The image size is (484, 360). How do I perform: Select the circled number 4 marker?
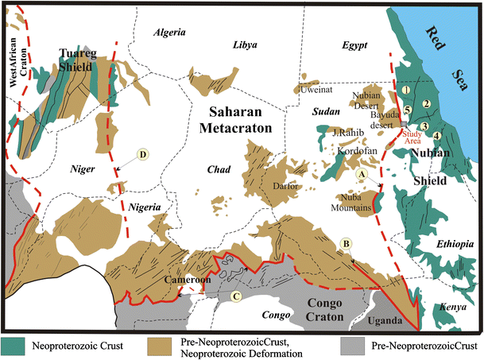436,136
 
